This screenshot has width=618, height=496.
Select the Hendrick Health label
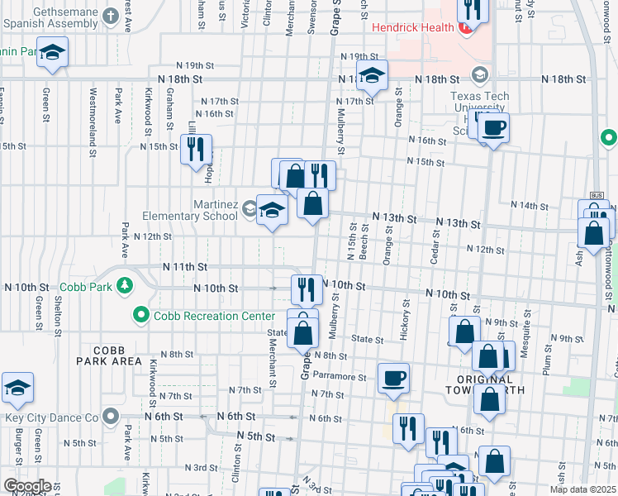pos(412,27)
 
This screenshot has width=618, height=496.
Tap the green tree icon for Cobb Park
pos(125,287)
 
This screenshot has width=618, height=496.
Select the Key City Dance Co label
pos(50,417)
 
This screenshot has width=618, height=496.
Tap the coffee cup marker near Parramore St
pos(393,378)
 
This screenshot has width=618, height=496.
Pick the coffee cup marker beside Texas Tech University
pos(494,128)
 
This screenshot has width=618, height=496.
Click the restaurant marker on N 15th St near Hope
pos(196,150)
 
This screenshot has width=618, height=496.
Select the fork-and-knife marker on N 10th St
pos(307,289)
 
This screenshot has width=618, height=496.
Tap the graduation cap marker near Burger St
pos(17,388)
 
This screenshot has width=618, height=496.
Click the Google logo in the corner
pos(27,486)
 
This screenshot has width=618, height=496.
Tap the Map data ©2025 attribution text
pos(581,489)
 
